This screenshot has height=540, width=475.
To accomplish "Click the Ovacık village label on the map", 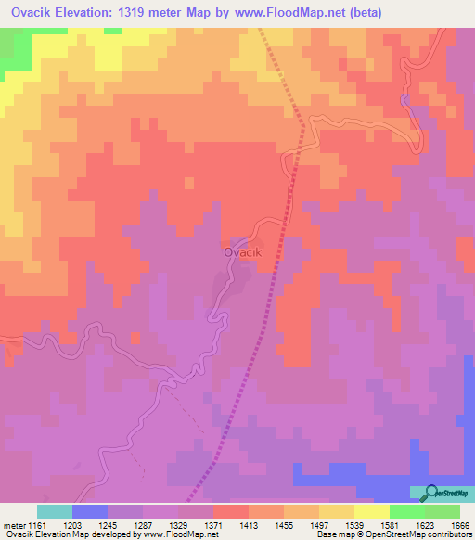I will (x=244, y=251).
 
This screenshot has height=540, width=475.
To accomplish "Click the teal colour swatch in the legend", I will (x=55, y=511).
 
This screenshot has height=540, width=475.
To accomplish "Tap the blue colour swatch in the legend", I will (x=90, y=511).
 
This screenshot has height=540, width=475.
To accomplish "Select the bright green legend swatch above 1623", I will (x=406, y=511).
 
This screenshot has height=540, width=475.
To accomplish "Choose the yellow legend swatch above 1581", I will (x=371, y=511).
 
